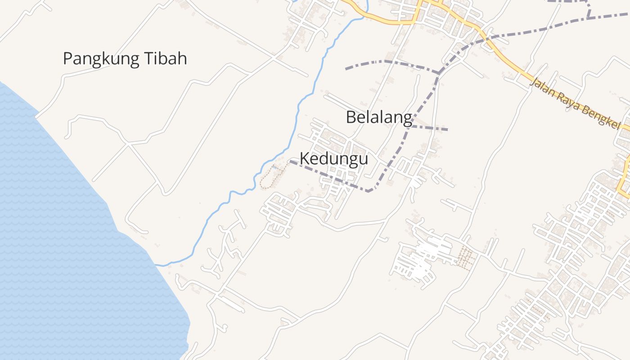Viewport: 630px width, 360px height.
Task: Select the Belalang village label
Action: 379,117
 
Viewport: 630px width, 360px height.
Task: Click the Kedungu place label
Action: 333,159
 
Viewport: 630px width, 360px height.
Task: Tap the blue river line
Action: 297,112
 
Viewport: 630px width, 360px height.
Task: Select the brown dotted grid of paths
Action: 464,258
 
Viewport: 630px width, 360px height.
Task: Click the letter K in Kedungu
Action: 304,159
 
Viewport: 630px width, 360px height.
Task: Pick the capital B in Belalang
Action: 351,117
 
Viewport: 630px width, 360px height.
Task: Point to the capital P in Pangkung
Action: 67,59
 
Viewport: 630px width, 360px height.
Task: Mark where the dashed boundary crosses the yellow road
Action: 487,38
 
